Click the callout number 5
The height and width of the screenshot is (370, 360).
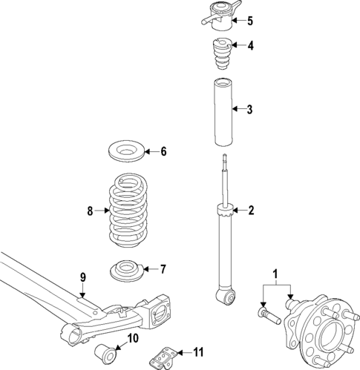[249, 20]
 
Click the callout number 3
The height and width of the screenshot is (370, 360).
[249, 110]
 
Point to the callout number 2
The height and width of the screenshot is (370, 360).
[250, 211]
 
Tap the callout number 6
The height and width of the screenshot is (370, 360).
[163, 152]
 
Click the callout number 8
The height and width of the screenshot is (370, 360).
[89, 211]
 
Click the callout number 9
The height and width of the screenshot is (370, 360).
[83, 277]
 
